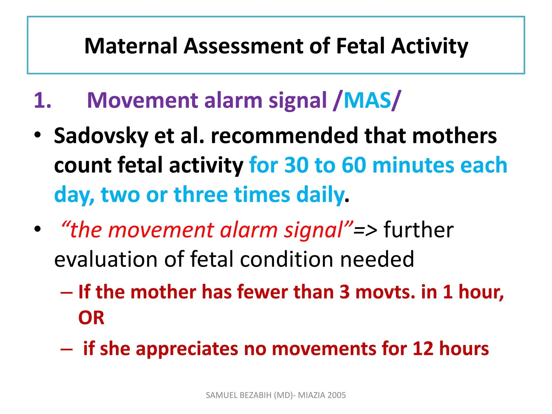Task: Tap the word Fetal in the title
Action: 360,46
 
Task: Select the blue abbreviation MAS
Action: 367,100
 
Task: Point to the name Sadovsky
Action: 101,136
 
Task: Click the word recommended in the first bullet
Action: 284,136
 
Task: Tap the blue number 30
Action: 296,165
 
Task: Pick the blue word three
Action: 201,195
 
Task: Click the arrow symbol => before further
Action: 365,231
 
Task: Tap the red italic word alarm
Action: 249,231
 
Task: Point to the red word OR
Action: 91,318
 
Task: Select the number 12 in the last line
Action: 423,349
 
